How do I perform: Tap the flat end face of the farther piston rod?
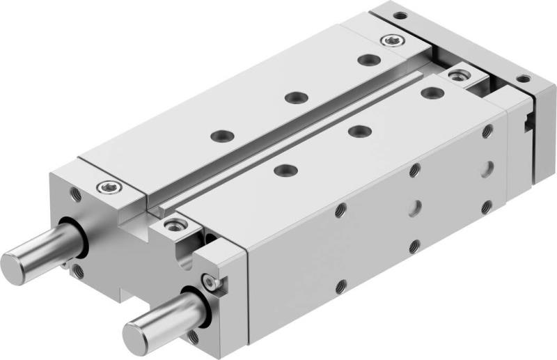[x=15, y=264]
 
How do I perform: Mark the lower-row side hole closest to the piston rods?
[x=340, y=285]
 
